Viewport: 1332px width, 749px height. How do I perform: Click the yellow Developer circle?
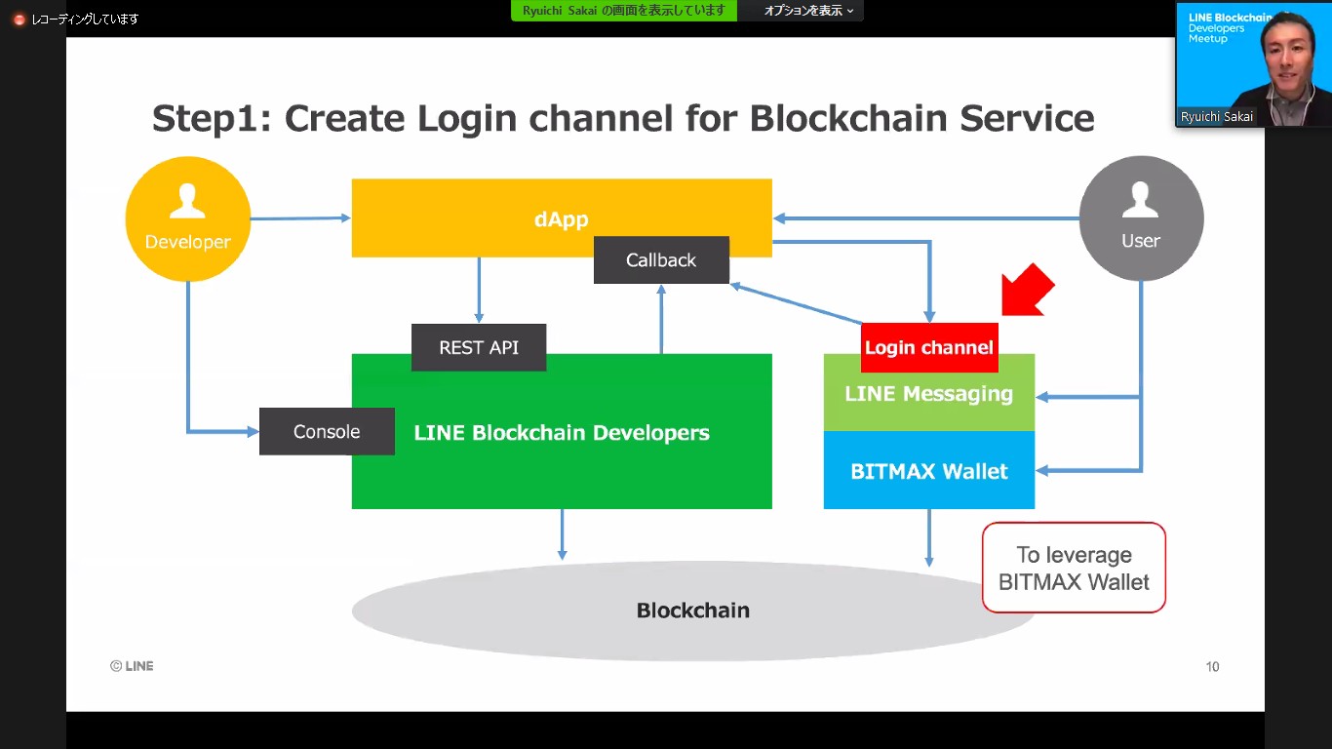pos(187,219)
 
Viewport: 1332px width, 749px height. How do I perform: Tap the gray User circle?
pos(1141,219)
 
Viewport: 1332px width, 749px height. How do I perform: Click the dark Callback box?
pos(661,260)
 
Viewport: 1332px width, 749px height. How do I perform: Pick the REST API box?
pos(479,347)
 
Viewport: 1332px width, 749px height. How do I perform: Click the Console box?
pos(327,432)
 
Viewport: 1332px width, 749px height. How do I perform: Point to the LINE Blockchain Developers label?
pos(562,433)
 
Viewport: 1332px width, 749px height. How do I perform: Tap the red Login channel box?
pos(929,347)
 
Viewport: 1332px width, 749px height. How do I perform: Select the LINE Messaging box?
pos(929,395)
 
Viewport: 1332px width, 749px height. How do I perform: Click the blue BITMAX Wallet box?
pos(929,471)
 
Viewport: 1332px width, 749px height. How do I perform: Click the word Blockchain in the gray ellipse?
pos(692,611)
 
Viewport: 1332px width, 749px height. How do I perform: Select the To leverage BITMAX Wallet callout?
pos(1074,569)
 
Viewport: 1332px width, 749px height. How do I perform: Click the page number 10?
pos(1212,667)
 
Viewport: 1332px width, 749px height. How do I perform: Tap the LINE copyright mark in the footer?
pos(132,666)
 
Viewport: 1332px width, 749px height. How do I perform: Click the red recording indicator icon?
pos(19,19)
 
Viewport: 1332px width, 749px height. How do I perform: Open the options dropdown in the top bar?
pos(808,11)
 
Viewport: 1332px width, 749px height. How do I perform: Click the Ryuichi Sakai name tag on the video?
pos(1217,116)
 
